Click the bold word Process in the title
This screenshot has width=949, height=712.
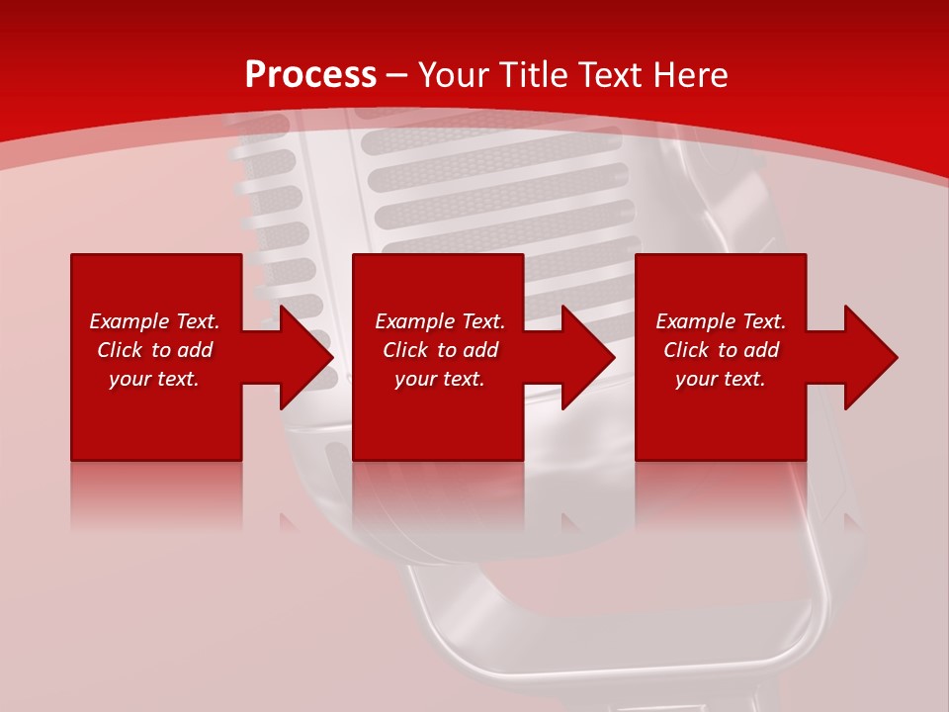[310, 75]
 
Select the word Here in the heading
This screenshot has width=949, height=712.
[690, 75]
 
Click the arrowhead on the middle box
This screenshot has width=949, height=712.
[586, 357]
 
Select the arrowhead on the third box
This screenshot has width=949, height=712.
[869, 357]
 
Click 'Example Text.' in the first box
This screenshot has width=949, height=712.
[154, 321]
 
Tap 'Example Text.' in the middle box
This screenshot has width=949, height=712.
[440, 321]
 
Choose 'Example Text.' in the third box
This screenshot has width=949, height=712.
[721, 321]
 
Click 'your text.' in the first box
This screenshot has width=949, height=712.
[154, 379]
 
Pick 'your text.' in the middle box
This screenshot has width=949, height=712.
[440, 379]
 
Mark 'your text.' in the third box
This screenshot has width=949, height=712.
[721, 379]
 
